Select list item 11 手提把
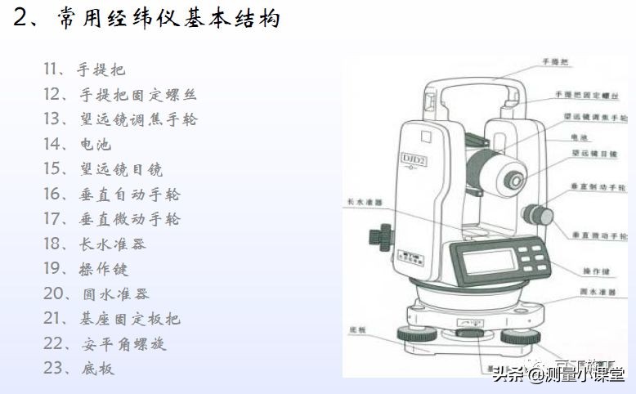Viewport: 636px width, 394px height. click(x=85, y=69)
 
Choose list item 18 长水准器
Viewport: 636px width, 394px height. click(x=95, y=244)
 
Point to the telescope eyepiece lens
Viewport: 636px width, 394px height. click(x=513, y=178)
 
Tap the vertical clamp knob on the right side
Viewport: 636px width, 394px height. click(x=539, y=214)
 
